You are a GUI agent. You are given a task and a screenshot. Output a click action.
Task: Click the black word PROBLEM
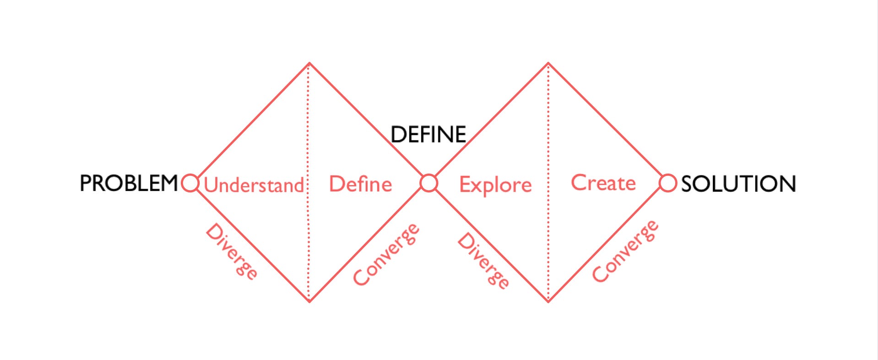(x=129, y=183)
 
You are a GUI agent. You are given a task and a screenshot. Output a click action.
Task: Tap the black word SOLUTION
(x=738, y=184)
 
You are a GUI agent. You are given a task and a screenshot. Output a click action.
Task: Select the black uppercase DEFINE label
(x=428, y=135)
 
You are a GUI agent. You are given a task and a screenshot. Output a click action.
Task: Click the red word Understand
(x=254, y=185)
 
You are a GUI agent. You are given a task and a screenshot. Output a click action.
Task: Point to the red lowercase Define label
(x=360, y=184)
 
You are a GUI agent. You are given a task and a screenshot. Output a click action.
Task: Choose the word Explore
(x=495, y=185)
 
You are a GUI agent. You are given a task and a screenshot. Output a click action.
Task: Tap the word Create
(x=603, y=183)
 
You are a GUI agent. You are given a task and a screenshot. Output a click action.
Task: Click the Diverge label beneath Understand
(x=232, y=251)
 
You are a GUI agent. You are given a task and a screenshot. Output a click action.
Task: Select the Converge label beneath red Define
(x=386, y=254)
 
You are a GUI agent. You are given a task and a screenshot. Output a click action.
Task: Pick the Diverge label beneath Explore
(x=483, y=260)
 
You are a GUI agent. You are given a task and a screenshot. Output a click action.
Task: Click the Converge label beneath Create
(x=625, y=251)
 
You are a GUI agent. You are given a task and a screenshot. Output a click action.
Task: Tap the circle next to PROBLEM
(x=190, y=183)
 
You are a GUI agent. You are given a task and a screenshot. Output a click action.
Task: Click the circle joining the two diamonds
(x=429, y=183)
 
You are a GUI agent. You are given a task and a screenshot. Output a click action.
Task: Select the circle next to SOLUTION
(x=667, y=183)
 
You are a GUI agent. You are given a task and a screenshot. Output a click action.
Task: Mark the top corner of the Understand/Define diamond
(x=309, y=63)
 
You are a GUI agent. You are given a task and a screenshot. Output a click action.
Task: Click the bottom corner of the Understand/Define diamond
(x=309, y=301)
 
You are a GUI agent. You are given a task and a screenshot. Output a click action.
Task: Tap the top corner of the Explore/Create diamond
(x=548, y=64)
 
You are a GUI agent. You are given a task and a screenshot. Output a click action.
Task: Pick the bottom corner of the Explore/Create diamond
(x=548, y=301)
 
